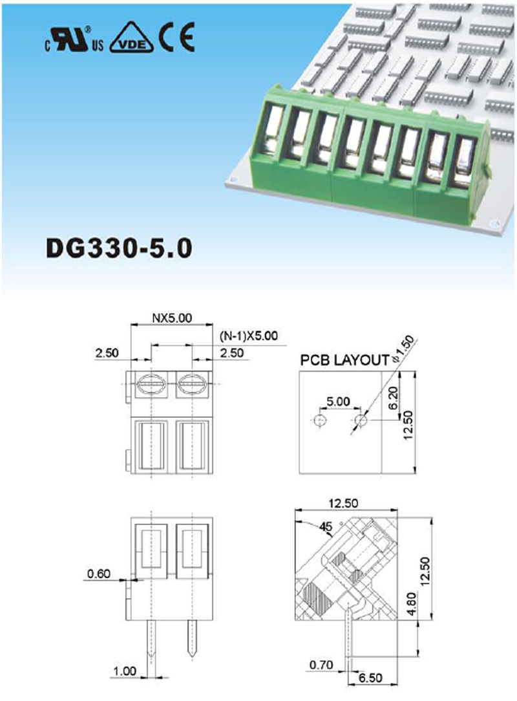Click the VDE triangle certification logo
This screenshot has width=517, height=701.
click(x=131, y=37)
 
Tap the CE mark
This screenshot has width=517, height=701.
click(x=178, y=37)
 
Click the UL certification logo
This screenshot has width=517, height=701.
click(x=73, y=39)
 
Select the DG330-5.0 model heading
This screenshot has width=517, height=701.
click(x=120, y=248)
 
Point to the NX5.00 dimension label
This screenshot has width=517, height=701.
click(x=172, y=318)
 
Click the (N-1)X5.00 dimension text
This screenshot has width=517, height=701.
click(x=248, y=336)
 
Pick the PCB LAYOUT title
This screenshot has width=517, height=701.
click(x=344, y=360)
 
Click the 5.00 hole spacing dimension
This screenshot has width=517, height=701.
click(x=338, y=401)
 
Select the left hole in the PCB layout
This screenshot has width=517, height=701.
click(x=319, y=421)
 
